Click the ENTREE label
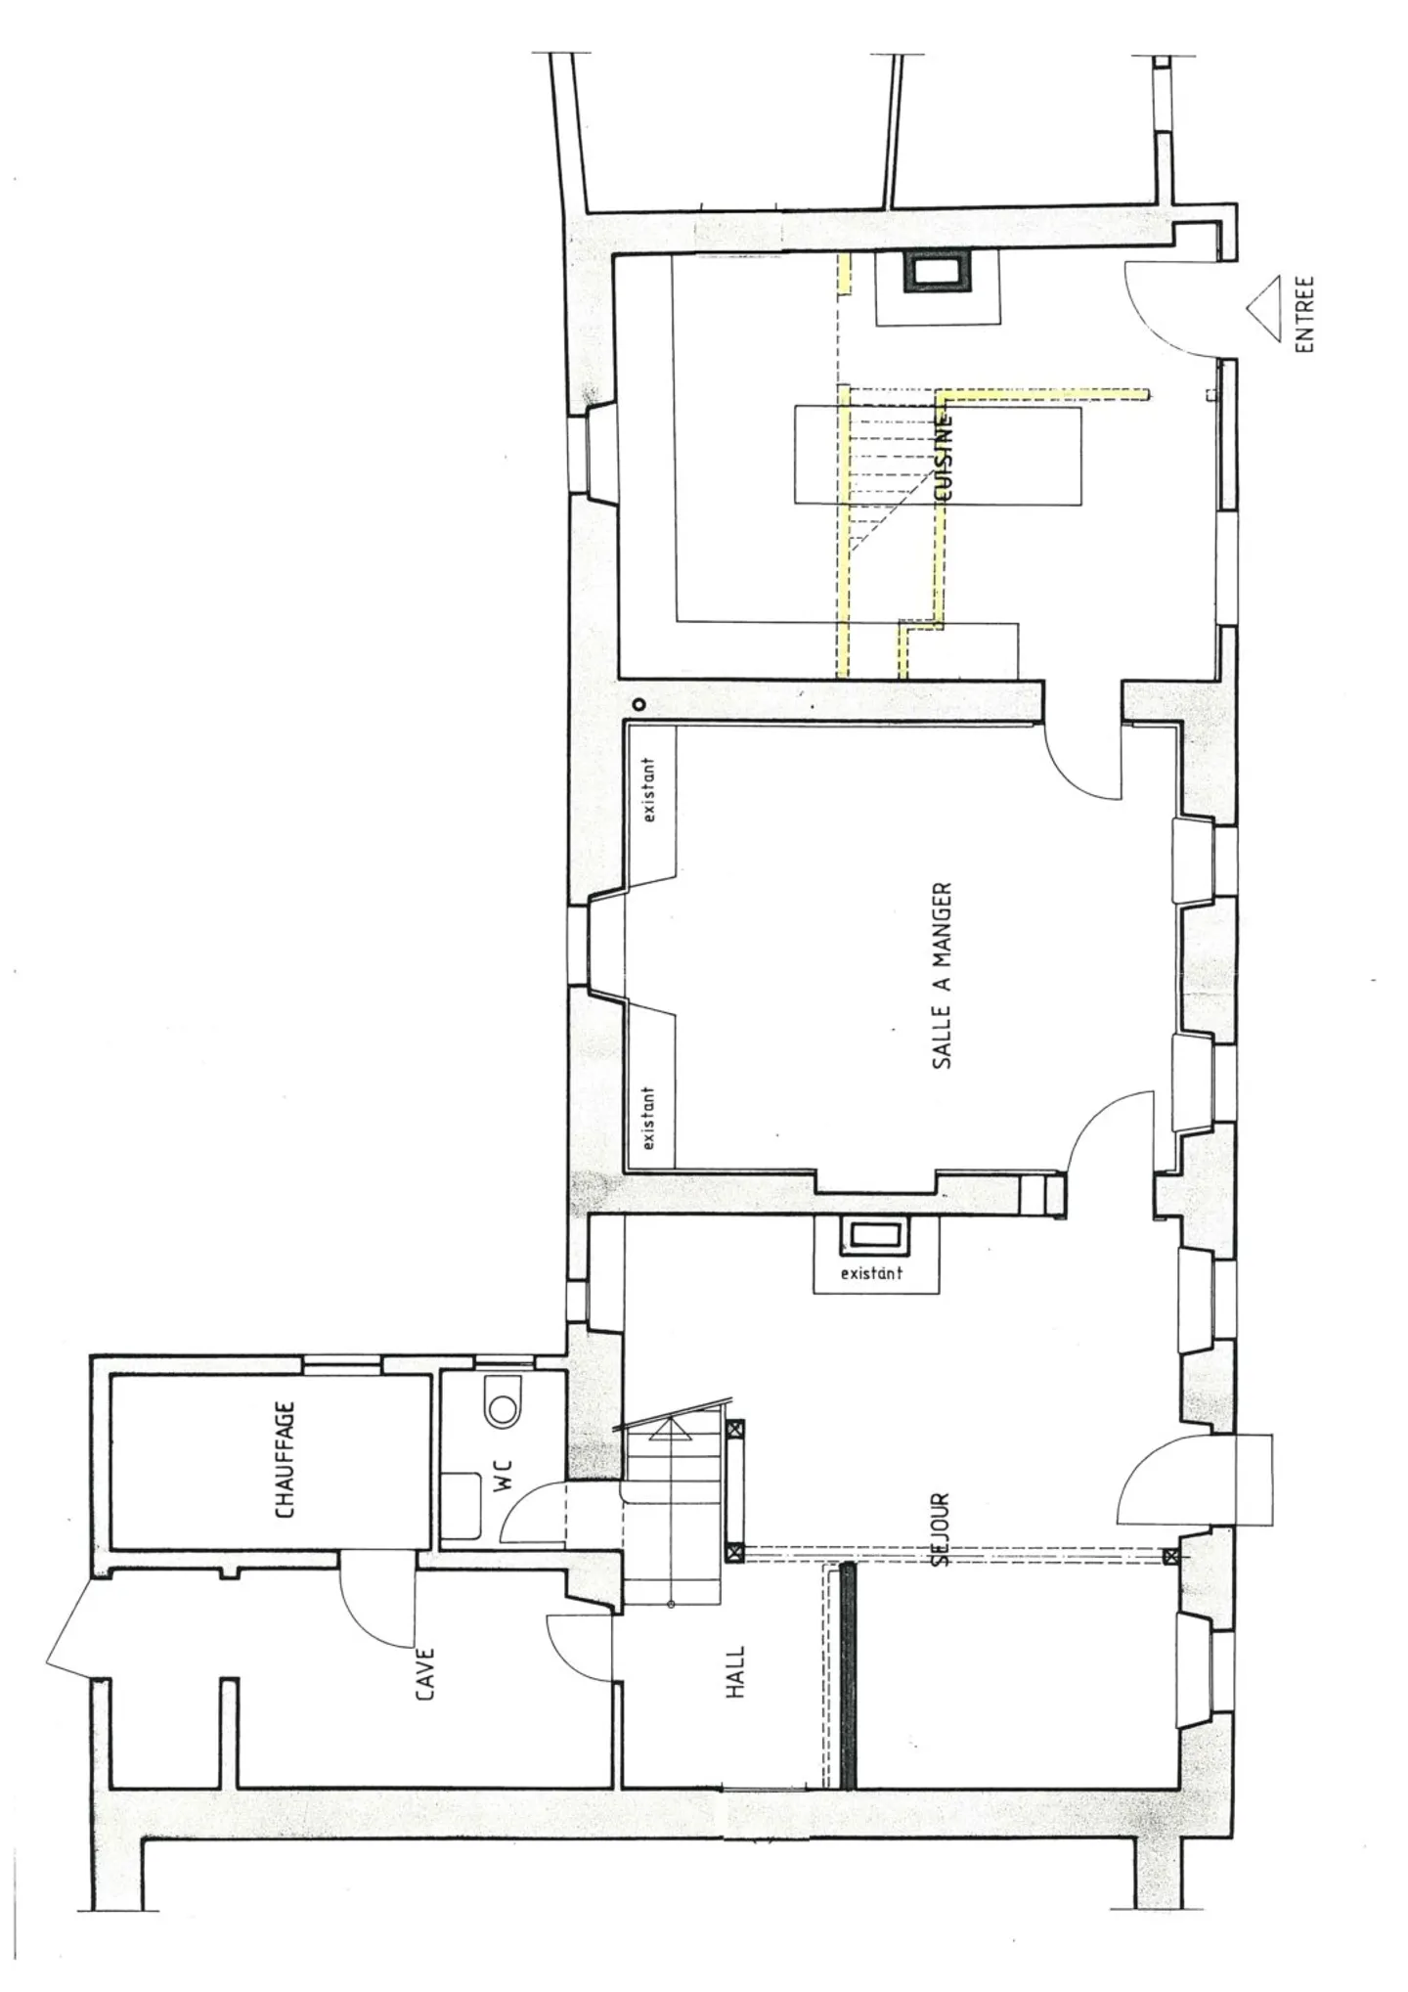tap(1304, 313)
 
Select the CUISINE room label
tap(945, 460)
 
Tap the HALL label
tap(735, 1671)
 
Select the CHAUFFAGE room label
tap(285, 1461)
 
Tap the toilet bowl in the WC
tap(504, 1408)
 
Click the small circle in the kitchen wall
tap(638, 703)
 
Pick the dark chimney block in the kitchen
tap(938, 271)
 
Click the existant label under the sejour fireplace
tap(871, 1273)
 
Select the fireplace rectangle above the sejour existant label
tap(876, 1237)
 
